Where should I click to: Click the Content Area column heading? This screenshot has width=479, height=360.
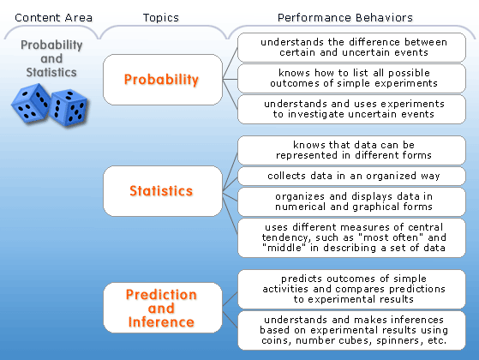click(x=53, y=18)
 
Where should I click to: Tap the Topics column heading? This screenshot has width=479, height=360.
click(x=161, y=18)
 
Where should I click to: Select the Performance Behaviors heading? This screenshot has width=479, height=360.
click(x=344, y=18)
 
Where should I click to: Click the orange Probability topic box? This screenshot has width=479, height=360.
click(x=163, y=80)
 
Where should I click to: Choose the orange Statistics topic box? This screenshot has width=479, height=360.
click(x=163, y=191)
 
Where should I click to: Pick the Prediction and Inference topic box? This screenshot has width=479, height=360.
click(x=163, y=308)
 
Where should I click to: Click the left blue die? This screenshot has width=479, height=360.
click(x=31, y=103)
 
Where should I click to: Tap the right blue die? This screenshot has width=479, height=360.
click(x=69, y=108)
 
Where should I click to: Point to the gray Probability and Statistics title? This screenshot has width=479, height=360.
click(x=51, y=58)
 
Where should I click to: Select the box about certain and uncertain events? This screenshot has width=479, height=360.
click(x=351, y=47)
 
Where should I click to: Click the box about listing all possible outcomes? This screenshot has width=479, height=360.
click(x=351, y=78)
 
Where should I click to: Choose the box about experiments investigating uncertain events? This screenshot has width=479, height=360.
click(x=351, y=109)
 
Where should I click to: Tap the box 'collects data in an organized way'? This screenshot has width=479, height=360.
click(x=351, y=176)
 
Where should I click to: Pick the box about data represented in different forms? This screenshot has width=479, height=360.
click(x=351, y=150)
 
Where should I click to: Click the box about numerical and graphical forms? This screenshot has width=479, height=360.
click(x=351, y=201)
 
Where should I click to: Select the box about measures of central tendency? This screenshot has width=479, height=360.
click(x=351, y=237)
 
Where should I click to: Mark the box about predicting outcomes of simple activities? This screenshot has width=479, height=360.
click(x=351, y=289)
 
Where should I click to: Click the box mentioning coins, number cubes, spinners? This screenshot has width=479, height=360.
click(x=351, y=330)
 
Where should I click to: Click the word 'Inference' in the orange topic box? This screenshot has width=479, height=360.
click(x=161, y=322)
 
